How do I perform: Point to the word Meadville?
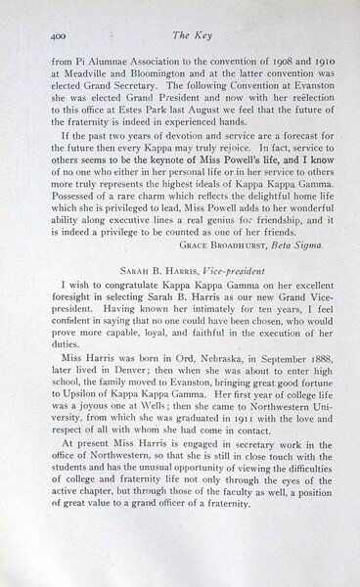[x=83, y=69]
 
